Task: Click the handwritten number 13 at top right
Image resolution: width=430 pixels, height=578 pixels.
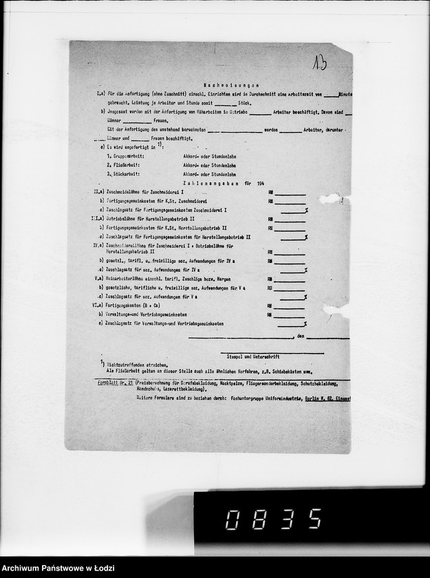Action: (x=319, y=63)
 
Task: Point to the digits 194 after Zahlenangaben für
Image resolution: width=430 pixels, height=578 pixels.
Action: (x=260, y=184)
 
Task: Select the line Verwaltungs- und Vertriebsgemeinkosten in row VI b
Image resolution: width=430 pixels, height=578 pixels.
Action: (x=146, y=314)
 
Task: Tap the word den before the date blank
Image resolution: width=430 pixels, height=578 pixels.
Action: (x=301, y=336)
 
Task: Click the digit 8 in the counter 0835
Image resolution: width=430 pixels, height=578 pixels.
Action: (x=259, y=519)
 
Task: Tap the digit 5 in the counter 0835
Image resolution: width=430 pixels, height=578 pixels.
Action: (x=314, y=519)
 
